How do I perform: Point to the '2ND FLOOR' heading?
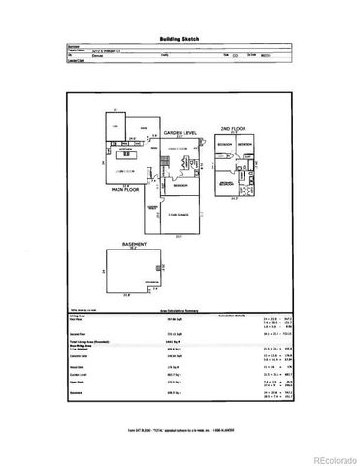[x=233, y=127]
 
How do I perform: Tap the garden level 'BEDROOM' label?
[x=180, y=183]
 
